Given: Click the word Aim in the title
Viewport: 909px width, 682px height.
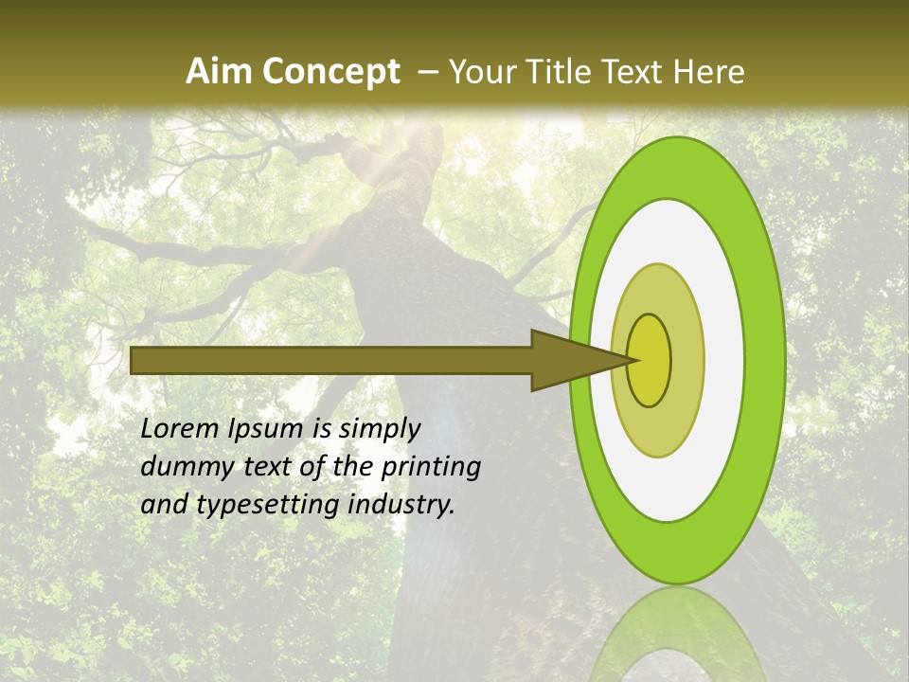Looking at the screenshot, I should tap(220, 72).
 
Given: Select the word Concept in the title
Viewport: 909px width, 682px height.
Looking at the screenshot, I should tap(330, 72).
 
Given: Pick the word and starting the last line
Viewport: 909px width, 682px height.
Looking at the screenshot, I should tap(163, 505).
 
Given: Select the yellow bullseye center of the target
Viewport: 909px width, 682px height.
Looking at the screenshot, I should tap(650, 360).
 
